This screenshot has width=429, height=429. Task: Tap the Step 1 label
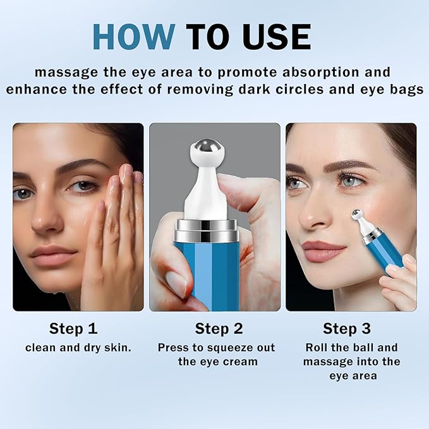pos(73,329)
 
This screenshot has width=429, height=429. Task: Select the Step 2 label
pos(219,329)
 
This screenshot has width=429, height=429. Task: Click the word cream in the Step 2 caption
pos(242,361)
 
